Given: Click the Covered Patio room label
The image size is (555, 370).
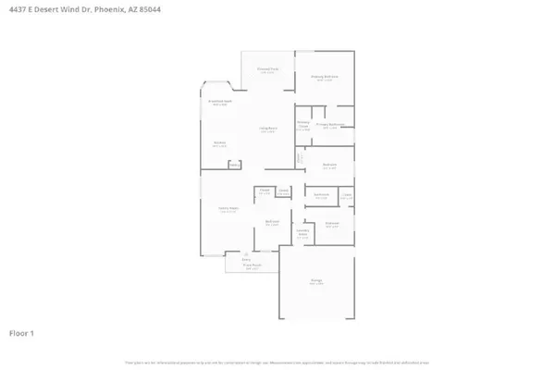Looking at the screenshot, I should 266,69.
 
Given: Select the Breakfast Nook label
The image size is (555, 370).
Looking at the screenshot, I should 219,102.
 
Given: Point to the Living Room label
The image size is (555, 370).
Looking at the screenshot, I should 268,129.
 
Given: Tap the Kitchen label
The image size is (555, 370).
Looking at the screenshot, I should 220,142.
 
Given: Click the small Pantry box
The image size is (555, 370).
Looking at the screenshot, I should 234,166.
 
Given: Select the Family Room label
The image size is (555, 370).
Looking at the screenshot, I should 223,210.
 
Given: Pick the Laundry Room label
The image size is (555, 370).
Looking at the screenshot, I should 302,234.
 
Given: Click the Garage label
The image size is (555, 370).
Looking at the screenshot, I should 316,283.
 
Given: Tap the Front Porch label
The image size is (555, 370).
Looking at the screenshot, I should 249,265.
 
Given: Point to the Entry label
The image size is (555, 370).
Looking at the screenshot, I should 246,260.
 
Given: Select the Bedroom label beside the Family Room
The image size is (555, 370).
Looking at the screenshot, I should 272,222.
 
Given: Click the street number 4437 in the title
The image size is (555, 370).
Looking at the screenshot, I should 17,9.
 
